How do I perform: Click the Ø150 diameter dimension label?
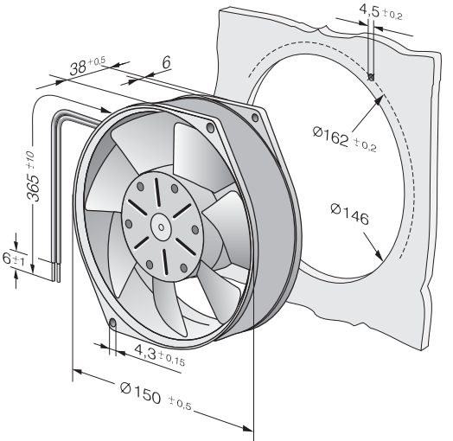(x=140, y=393)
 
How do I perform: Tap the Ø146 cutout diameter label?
(x=349, y=214)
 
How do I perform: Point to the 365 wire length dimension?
(x=33, y=188)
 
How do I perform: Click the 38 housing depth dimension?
(x=78, y=68)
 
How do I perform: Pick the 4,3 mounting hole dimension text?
(x=145, y=352)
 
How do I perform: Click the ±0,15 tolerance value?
(x=172, y=359)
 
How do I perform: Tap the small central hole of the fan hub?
(x=161, y=227)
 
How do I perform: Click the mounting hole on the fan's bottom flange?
(x=113, y=323)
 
